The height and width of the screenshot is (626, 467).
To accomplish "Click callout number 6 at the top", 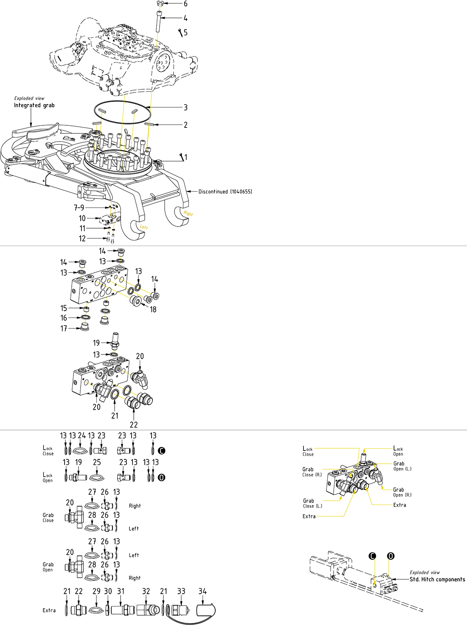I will pyautogui.click(x=185, y=4).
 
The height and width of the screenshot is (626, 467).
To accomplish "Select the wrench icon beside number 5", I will pyautogui.click(x=180, y=32).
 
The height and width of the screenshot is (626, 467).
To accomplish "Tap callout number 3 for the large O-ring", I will pyautogui.click(x=186, y=108).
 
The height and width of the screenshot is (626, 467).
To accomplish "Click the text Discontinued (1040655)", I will pyautogui.click(x=225, y=192).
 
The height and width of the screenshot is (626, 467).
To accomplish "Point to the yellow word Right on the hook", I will pyautogui.click(x=188, y=213).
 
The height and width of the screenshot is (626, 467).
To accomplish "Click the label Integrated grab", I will pyautogui.click(x=34, y=105).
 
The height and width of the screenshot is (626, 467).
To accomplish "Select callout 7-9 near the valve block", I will pyautogui.click(x=79, y=208).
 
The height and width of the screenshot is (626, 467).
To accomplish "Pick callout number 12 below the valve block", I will pyautogui.click(x=82, y=238).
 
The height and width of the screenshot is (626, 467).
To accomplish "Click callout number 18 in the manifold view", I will pyautogui.click(x=153, y=309).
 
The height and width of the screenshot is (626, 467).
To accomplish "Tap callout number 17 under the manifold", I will pyautogui.click(x=64, y=329).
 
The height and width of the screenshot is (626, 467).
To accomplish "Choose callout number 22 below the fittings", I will pyautogui.click(x=134, y=425).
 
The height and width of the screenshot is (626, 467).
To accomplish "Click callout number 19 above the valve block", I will pyautogui.click(x=96, y=343).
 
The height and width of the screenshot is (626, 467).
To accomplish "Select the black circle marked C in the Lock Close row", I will pyautogui.click(x=161, y=451).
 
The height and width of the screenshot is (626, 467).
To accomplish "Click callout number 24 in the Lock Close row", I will pyautogui.click(x=82, y=436).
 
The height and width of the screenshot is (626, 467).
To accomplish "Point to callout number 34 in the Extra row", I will pyautogui.click(x=203, y=591).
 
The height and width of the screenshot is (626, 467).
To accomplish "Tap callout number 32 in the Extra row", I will pyautogui.click(x=146, y=591).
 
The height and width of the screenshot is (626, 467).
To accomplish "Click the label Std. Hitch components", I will pyautogui.click(x=437, y=579).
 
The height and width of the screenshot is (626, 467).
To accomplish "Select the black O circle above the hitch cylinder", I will pyautogui.click(x=391, y=556).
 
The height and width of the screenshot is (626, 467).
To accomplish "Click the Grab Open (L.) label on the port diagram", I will pyautogui.click(x=402, y=466).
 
